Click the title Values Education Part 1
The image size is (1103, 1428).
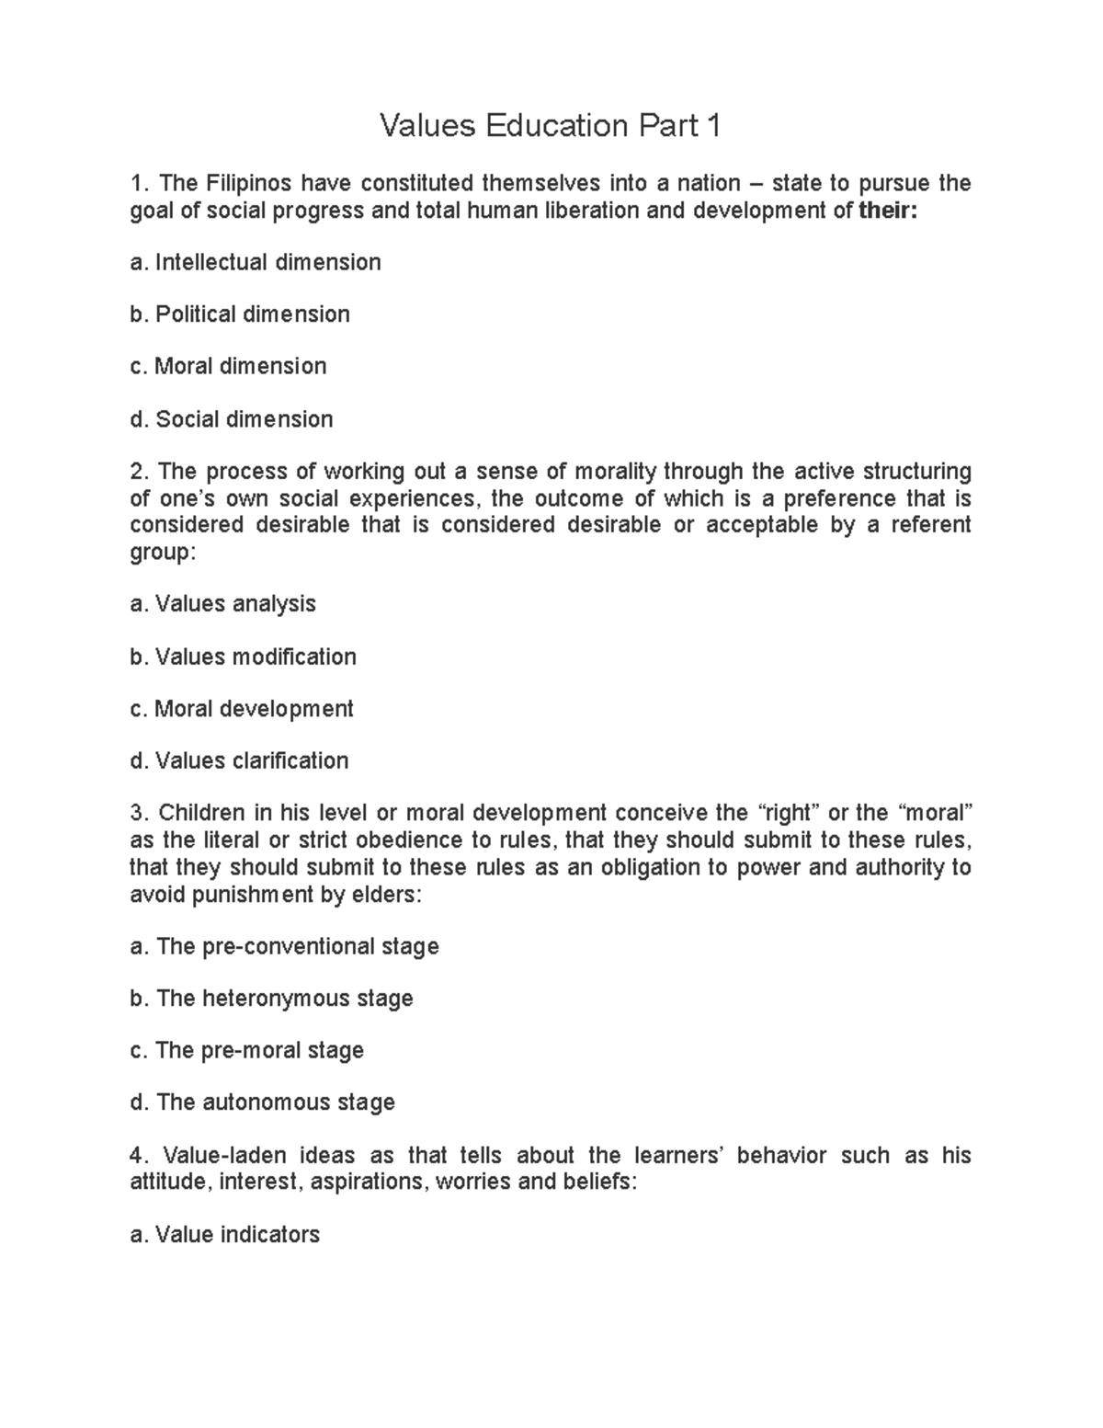(551, 126)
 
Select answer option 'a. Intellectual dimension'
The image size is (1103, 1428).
(256, 263)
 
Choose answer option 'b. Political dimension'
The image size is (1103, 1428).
(240, 314)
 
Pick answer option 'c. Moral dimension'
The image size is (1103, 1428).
(228, 366)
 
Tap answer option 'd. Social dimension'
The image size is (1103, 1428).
(232, 419)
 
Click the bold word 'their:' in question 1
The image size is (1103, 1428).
(888, 211)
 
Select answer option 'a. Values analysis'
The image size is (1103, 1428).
(223, 604)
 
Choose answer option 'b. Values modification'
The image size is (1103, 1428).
(244, 657)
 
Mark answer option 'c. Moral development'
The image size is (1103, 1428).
(242, 709)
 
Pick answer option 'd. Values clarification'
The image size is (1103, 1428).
(240, 761)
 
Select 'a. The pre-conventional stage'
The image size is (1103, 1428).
(285, 946)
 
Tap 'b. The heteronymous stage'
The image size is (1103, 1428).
(272, 999)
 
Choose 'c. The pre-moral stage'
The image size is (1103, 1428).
(247, 1050)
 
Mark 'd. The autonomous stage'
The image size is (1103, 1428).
(263, 1102)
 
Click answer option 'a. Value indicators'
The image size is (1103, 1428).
(225, 1234)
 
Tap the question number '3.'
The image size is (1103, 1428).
(139, 814)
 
